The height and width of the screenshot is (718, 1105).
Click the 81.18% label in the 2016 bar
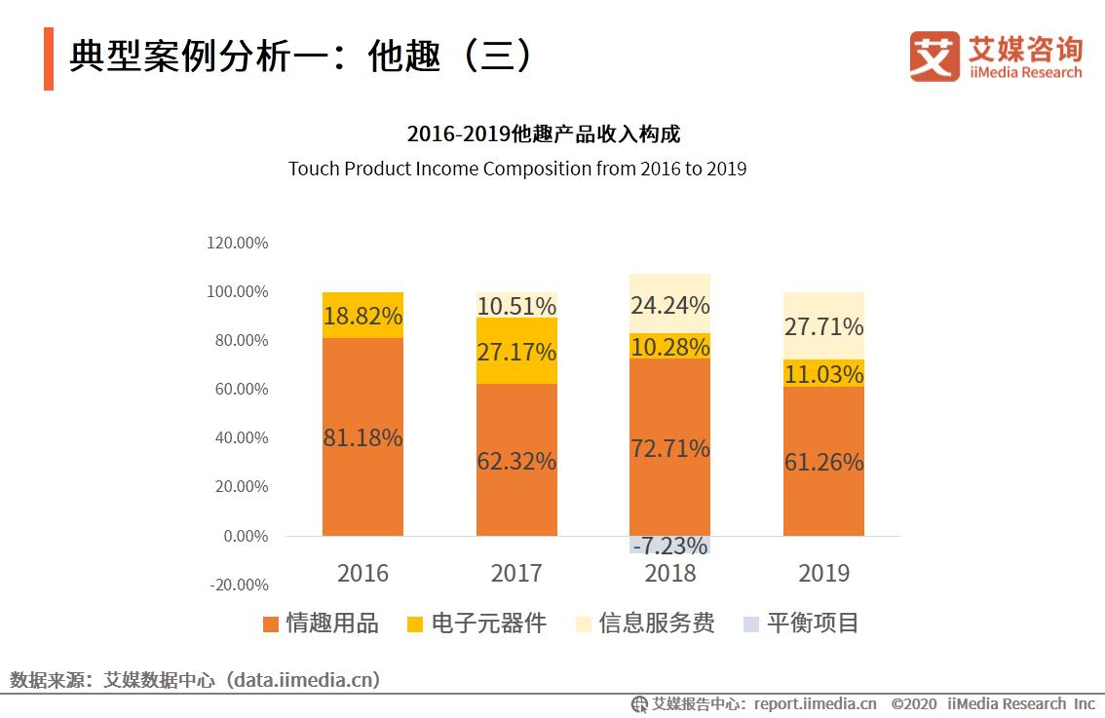point(362,438)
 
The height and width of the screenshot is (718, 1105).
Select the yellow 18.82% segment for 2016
point(362,316)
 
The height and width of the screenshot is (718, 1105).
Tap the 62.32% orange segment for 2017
point(516,461)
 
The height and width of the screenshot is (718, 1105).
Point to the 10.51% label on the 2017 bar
point(516,306)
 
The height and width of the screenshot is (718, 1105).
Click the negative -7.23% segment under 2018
point(669,545)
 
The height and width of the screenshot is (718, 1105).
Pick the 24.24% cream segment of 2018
point(669,305)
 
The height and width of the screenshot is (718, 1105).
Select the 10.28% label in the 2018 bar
point(669,347)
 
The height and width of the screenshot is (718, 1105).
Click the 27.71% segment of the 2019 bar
point(823,325)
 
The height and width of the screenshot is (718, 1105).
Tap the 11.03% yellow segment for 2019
point(823,374)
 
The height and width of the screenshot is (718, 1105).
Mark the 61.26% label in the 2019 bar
point(823,462)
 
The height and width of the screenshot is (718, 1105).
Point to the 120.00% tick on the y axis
point(238,243)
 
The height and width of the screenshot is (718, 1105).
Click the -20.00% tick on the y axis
point(238,585)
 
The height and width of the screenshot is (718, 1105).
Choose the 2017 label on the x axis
point(516,573)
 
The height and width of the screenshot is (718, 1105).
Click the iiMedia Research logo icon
point(934,57)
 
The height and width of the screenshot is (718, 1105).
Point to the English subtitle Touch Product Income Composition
point(516,169)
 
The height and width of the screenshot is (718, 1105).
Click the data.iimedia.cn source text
point(302,679)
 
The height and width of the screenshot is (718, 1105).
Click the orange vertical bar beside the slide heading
point(49,58)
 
